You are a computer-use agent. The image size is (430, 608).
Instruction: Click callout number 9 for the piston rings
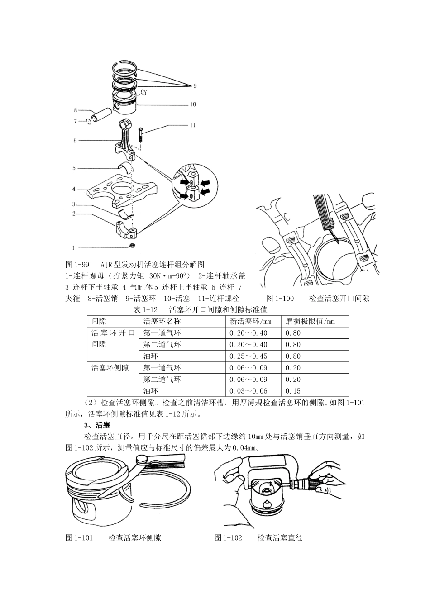coord(195,85)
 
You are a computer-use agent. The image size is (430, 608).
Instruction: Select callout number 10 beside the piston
coord(193,104)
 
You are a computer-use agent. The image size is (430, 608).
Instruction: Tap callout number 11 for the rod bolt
coord(193,125)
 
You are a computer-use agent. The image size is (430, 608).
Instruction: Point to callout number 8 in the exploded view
coord(76,109)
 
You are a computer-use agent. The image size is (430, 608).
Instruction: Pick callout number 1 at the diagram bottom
coord(73,247)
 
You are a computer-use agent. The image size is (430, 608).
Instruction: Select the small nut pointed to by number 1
coord(133,246)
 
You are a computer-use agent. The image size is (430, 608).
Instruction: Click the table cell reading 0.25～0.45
coord(248,356)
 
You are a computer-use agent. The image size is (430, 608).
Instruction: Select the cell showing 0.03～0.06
coord(248,391)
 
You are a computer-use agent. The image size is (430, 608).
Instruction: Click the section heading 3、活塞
coord(95,426)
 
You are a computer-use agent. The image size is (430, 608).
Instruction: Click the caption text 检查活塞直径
coord(280,538)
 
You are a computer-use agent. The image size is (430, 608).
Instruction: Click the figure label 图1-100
coord(280,299)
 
